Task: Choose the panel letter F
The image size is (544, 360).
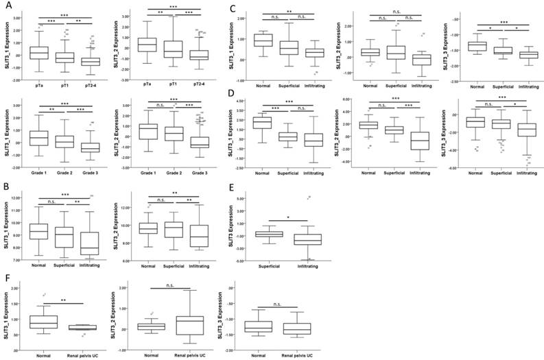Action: pyautogui.click(x=7, y=277)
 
